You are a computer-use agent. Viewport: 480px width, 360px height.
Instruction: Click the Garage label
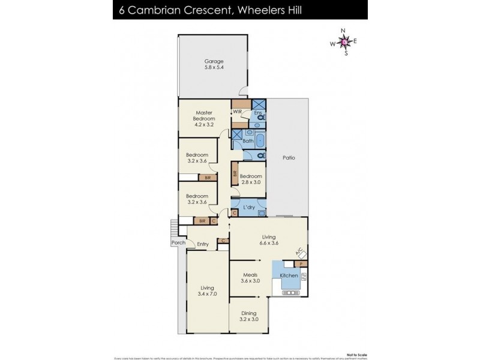pos(214,61)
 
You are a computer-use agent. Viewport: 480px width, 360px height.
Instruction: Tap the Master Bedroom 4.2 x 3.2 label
pos(206,118)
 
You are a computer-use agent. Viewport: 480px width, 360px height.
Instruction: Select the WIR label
pos(237,112)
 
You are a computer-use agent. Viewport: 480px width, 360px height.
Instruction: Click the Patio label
pos(289,158)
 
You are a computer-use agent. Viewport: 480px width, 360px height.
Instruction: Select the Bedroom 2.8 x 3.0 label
pos(251,179)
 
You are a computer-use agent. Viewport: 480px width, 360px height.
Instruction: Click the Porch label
pos(178,243)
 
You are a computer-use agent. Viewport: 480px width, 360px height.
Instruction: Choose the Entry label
pos(202,244)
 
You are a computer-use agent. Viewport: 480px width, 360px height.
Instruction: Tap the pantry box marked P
pos(301,263)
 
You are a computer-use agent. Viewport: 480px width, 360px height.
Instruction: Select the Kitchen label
pos(289,275)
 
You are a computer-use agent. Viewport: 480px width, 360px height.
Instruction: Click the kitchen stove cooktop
pos(288,293)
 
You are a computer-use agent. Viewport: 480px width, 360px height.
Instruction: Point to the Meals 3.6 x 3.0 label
pos(251,278)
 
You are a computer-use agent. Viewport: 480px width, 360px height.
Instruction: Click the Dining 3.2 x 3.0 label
pos(248,316)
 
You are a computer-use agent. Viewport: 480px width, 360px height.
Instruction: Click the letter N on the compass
pos(343,31)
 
